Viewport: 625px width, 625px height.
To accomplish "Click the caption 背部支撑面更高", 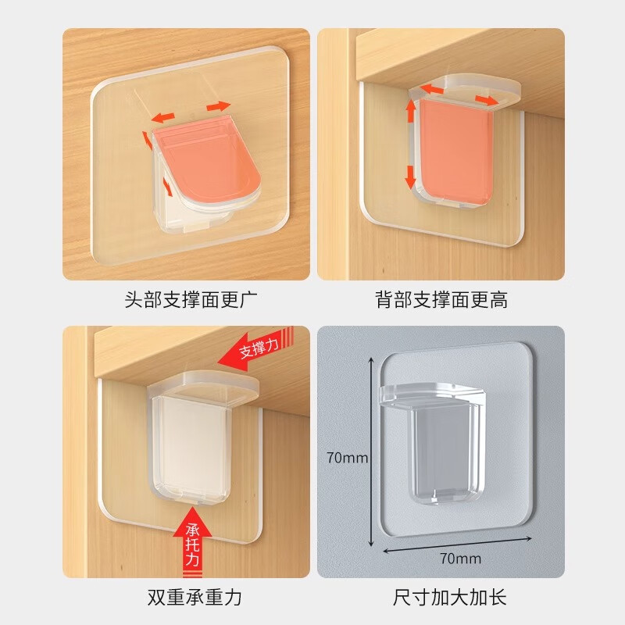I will click(440, 299).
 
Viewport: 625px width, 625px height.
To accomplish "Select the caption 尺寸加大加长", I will click(440, 598).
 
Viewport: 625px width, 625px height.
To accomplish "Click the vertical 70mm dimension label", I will click(346, 458).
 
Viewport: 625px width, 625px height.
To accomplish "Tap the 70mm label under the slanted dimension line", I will click(459, 558).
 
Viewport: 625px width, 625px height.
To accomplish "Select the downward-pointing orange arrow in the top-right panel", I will click(410, 175).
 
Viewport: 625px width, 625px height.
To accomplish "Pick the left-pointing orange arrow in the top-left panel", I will click(164, 118).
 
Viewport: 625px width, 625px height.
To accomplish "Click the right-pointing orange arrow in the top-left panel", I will click(219, 106).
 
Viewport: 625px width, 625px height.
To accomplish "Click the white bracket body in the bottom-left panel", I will click(189, 445).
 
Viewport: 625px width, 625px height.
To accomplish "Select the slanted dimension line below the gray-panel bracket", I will click(458, 543).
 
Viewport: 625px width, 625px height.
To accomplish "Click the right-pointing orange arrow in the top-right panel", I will click(484, 99).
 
